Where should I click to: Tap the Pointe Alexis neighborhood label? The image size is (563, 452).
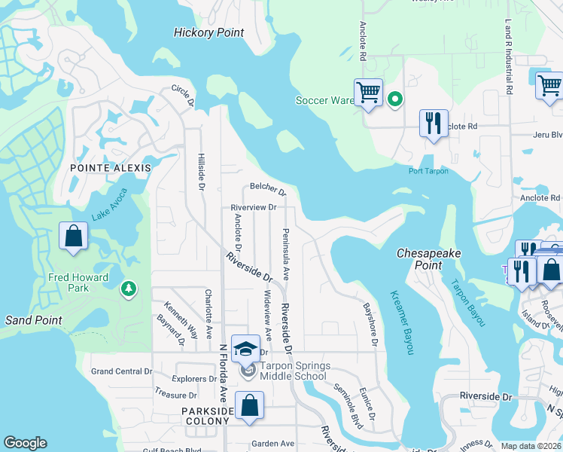(x=111, y=168)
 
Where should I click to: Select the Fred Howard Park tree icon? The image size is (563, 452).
(x=129, y=289)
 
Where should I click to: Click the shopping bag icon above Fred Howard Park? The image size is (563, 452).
(x=73, y=236)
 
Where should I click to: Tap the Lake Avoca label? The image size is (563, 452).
(x=110, y=206)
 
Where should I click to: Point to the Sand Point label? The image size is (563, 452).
(x=33, y=320)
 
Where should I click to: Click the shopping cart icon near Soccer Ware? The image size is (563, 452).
(x=368, y=93)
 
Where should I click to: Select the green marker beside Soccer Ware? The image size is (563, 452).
(x=394, y=99)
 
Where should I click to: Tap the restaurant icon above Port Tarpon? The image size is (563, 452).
(x=433, y=124)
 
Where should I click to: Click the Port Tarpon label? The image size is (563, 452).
(x=428, y=171)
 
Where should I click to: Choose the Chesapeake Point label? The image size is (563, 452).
(x=428, y=260)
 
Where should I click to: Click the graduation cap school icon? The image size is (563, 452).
(x=245, y=348)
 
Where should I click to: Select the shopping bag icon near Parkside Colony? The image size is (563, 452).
(x=249, y=405)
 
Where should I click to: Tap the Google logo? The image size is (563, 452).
(x=25, y=443)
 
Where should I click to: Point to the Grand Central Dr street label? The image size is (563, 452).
(x=121, y=371)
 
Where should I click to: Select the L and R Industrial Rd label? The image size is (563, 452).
(x=510, y=56)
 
